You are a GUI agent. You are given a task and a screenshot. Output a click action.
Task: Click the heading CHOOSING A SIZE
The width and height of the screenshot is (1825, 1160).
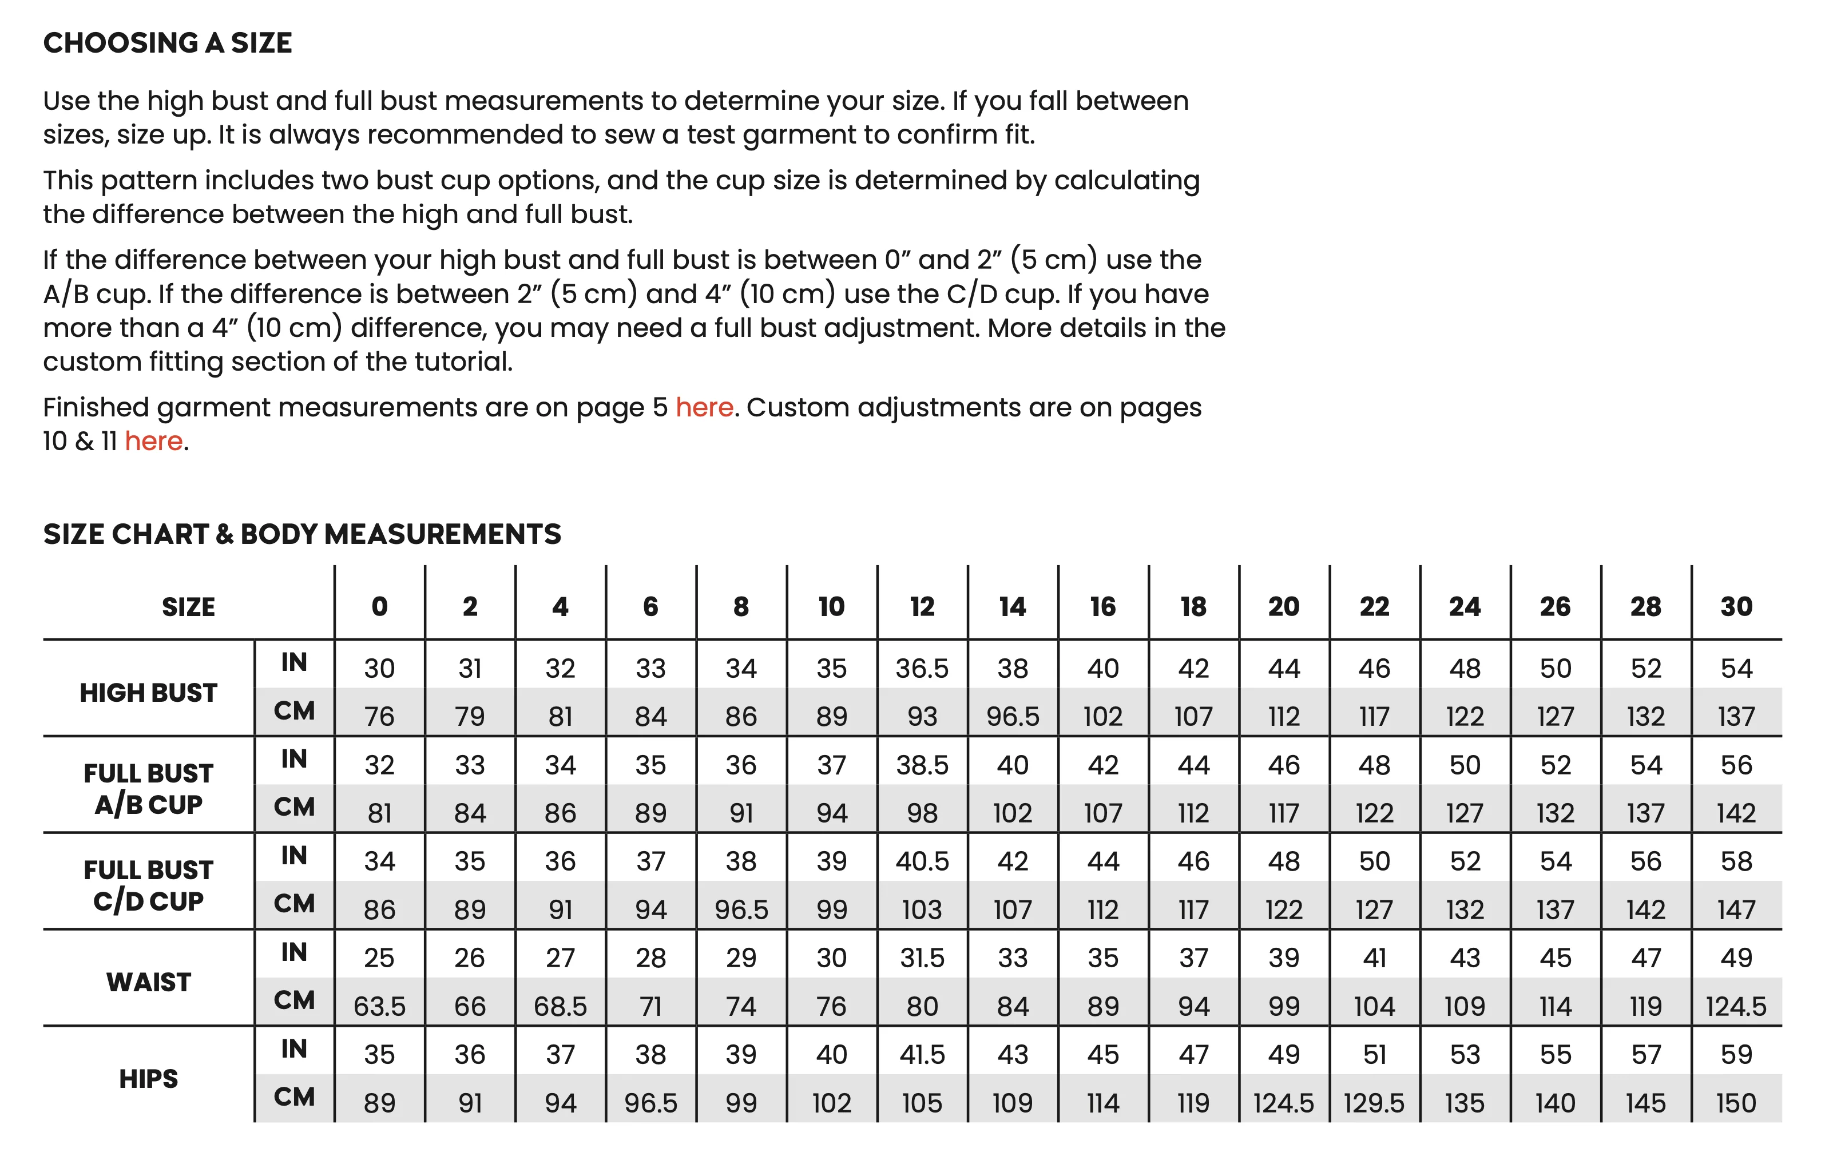click(168, 43)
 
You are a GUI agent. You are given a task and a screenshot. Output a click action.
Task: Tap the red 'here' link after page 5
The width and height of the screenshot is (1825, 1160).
click(704, 408)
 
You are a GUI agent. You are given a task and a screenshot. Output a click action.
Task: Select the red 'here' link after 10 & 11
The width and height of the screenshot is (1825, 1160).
click(154, 441)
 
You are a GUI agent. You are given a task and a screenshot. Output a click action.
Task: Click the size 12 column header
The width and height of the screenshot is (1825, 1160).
click(922, 606)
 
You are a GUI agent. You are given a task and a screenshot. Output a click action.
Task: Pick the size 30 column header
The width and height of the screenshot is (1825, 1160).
click(1736, 606)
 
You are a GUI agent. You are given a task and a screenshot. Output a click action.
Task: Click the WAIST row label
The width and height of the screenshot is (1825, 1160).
click(149, 982)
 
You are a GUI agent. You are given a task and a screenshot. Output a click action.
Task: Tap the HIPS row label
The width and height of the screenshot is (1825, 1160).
click(149, 1078)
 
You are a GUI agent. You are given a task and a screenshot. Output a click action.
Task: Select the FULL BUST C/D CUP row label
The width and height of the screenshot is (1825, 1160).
click(149, 885)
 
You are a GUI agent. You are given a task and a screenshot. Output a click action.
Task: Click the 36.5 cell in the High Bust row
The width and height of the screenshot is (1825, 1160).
click(922, 668)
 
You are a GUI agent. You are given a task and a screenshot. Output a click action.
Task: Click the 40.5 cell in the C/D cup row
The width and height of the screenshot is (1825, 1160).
click(922, 861)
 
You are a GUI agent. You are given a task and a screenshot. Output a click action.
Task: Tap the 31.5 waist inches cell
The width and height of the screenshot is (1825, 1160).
click(922, 958)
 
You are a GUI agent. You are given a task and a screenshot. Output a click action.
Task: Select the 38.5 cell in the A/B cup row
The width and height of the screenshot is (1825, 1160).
click(922, 765)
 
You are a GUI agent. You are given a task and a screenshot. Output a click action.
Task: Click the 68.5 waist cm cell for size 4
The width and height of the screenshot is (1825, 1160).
click(560, 1006)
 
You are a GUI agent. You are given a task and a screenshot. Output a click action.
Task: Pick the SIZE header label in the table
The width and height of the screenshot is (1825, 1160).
click(188, 607)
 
